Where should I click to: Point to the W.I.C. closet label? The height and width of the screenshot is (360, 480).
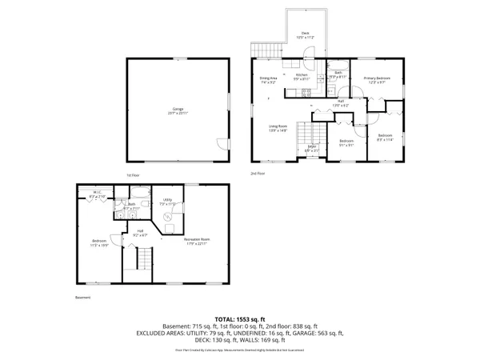point(95,194)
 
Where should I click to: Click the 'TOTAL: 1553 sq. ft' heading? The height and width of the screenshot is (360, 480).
point(239,319)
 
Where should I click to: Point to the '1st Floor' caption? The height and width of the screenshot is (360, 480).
point(134,174)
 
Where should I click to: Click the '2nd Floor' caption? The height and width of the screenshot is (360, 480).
point(258,174)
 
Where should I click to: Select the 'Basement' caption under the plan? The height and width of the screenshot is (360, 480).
point(82,298)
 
